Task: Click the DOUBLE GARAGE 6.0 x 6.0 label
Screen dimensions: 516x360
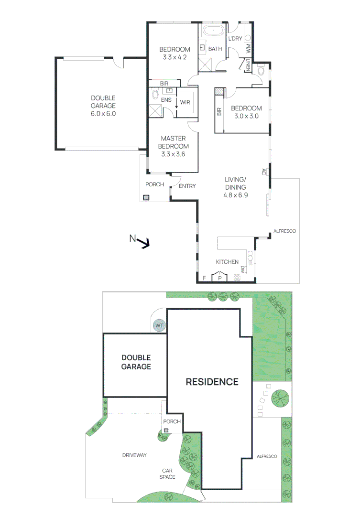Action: (x=104, y=106)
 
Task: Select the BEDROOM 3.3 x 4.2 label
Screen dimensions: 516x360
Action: (x=175, y=53)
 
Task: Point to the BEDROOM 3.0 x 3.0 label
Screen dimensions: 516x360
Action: (x=247, y=112)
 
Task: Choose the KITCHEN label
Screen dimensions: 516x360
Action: (x=227, y=262)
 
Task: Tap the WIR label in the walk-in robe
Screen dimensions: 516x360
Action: (x=185, y=102)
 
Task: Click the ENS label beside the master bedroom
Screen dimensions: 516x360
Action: (x=166, y=100)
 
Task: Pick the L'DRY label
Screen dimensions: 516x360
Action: (x=235, y=39)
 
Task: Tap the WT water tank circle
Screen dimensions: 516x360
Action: (x=159, y=326)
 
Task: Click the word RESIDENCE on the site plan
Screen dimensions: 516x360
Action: (x=212, y=382)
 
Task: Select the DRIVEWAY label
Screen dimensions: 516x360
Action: (x=134, y=455)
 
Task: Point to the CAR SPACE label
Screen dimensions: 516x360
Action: (x=167, y=473)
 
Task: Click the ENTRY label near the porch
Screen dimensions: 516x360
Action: (x=187, y=186)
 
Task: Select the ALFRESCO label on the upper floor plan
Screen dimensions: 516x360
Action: (x=284, y=231)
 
